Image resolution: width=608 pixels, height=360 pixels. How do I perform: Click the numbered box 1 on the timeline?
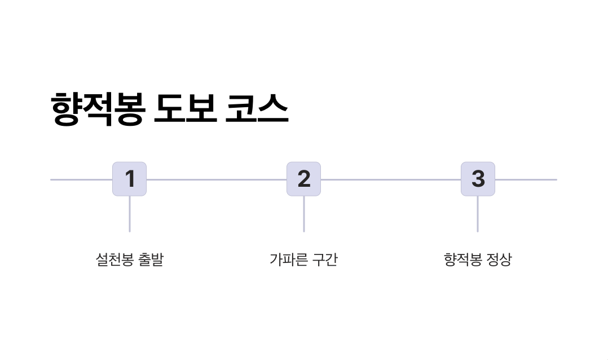[129, 179]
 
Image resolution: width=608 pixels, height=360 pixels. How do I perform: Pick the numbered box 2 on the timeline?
[303, 179]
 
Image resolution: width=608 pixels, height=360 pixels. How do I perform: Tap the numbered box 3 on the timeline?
[478, 179]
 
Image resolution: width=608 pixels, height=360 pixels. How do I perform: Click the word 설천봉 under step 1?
[114, 260]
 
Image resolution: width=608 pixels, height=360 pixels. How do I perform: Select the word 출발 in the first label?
[151, 260]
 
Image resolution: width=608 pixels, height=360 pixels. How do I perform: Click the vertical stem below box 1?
[130, 214]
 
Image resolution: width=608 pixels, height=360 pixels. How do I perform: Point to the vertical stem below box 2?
[304, 214]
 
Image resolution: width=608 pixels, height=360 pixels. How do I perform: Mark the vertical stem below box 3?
[478, 214]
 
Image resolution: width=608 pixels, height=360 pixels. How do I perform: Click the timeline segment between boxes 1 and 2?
[217, 179]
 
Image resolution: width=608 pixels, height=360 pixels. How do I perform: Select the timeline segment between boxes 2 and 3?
[391, 179]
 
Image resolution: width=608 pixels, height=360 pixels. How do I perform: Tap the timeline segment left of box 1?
[81, 179]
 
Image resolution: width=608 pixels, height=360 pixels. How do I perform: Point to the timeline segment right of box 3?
[526, 179]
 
